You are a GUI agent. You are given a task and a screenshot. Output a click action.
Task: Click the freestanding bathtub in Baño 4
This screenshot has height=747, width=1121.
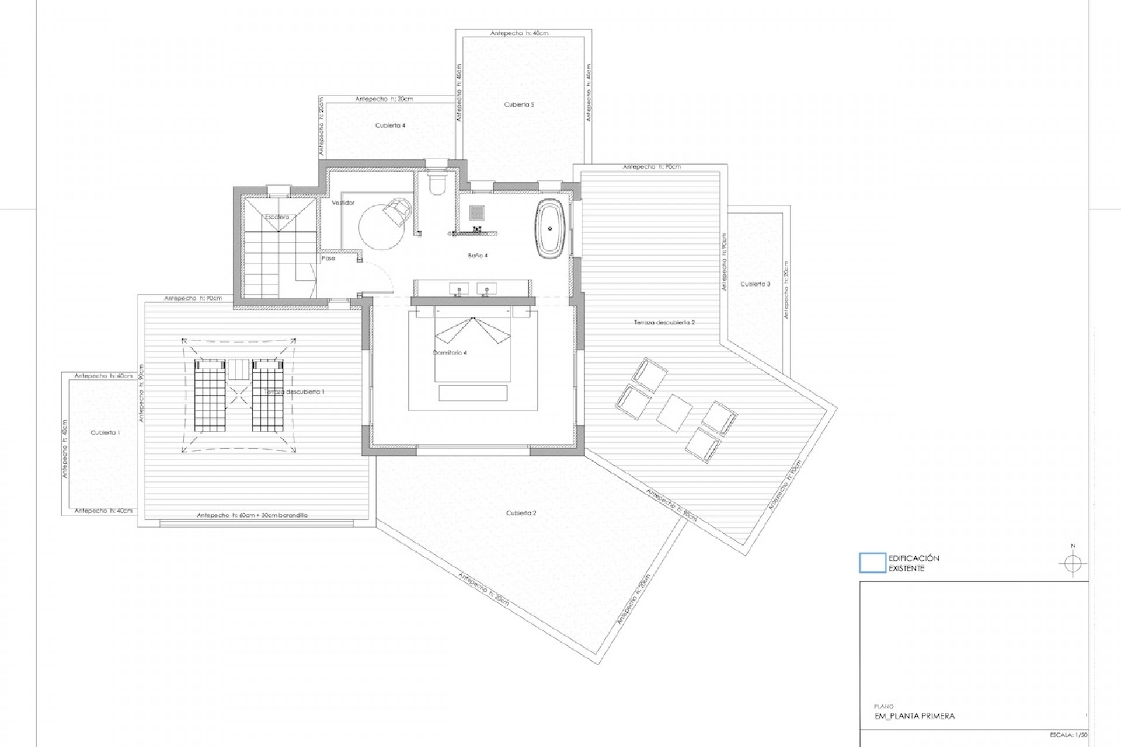pyautogui.click(x=550, y=228)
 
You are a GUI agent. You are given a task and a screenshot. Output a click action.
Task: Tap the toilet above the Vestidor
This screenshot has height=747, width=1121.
pyautogui.click(x=436, y=180)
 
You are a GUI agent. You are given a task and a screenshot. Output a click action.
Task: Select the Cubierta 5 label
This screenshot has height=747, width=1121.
pyautogui.click(x=519, y=104)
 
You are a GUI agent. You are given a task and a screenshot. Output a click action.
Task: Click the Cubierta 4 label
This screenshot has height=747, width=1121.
pyautogui.click(x=390, y=125)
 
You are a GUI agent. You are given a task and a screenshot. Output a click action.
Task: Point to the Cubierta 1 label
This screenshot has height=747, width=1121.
pyautogui.click(x=105, y=432)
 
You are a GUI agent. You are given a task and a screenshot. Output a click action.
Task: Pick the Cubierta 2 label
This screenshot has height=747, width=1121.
pyautogui.click(x=521, y=513)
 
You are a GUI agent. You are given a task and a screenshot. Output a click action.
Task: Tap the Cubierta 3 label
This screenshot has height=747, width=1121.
pyautogui.click(x=755, y=284)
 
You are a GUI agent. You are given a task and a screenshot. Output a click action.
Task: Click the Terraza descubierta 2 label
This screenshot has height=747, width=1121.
pyautogui.click(x=664, y=323)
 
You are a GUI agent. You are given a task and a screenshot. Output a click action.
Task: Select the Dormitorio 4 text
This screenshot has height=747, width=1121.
pyautogui.click(x=450, y=352)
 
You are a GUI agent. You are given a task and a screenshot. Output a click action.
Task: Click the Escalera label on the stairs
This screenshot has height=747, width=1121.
pyautogui.click(x=277, y=217)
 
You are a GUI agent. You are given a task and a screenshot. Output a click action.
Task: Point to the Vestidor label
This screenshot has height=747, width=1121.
pyautogui.click(x=343, y=203)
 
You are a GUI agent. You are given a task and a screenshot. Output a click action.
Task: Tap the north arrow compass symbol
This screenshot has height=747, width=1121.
pyautogui.click(x=1073, y=564)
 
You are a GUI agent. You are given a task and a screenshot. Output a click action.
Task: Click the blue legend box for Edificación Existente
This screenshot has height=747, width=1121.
pyautogui.click(x=872, y=563)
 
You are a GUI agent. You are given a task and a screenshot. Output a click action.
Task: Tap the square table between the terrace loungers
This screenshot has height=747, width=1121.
pyautogui.click(x=674, y=413)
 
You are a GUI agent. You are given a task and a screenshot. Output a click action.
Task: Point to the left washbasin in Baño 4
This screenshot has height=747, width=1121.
pyautogui.click(x=459, y=288)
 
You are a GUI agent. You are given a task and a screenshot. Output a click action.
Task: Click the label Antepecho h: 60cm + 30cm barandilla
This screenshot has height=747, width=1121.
pyautogui.click(x=252, y=515)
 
